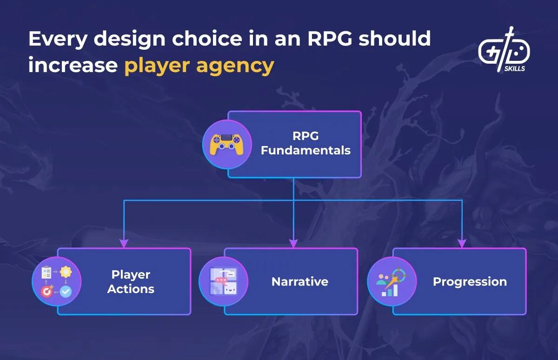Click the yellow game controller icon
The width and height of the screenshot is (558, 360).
click(227, 144)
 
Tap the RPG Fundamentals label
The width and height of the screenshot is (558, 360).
click(306, 143)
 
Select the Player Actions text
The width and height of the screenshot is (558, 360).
click(131, 281)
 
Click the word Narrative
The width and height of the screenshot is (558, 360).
click(300, 281)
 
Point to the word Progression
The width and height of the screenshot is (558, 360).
click(470, 281)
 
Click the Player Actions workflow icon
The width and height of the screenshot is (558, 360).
click(56, 282)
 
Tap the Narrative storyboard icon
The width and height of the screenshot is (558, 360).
click(224, 282)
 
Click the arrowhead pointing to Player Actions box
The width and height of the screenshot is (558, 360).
click(124, 243)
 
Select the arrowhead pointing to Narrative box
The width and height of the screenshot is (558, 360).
click(293, 243)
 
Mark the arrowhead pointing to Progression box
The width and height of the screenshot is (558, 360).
click(462, 243)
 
